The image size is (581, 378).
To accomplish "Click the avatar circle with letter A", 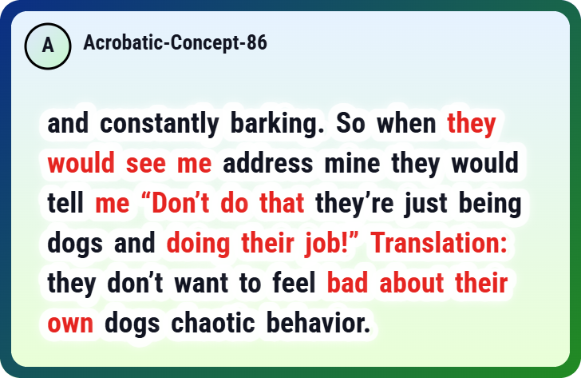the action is tap(48, 46).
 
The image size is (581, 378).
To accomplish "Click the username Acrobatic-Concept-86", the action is tap(175, 42).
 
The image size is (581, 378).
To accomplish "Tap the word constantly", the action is tap(160, 124).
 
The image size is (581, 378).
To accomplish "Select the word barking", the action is tap(278, 124).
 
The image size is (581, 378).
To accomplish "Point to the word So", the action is tap(350, 123).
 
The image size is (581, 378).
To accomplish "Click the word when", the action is tap(406, 123).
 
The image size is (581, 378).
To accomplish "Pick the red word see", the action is tap(145, 163).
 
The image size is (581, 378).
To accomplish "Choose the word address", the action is tap(268, 162).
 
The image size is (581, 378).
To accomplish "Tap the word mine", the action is tap(353, 162).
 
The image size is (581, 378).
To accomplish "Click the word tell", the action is tap(65, 202).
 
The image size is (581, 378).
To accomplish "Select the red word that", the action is tap(282, 202).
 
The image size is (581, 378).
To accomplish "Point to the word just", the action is tap(426, 203).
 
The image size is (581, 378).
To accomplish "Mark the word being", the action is tap(490, 203).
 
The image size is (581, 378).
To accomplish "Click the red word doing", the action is tap(198, 244).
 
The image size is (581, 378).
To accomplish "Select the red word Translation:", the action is tap(439, 243).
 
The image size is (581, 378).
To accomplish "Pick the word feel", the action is tap(294, 283).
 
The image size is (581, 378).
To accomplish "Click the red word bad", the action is tap(348, 283).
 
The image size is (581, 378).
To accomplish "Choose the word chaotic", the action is tap(213, 323).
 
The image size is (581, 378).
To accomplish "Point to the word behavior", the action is tap(318, 323).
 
